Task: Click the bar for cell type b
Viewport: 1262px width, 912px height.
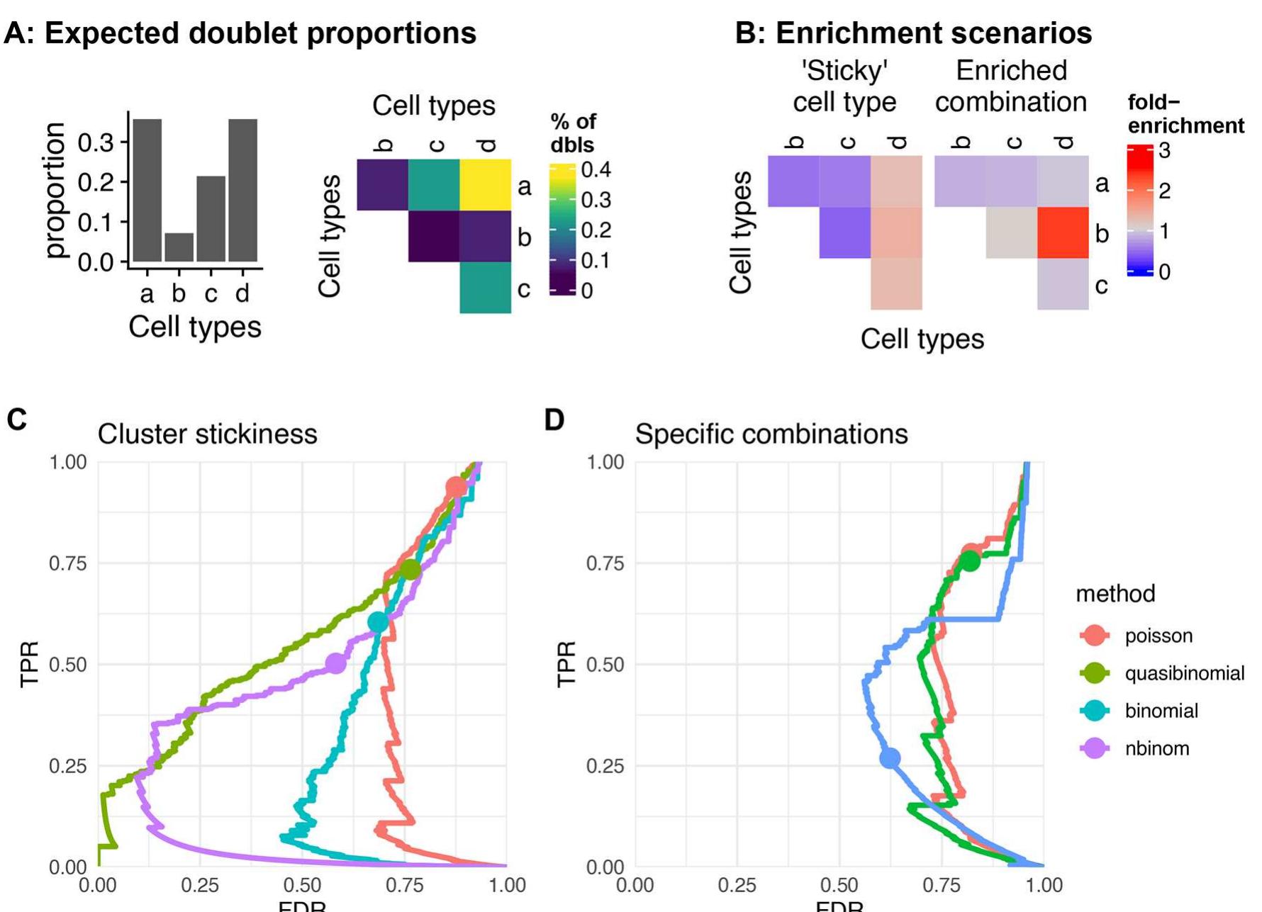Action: pos(179,247)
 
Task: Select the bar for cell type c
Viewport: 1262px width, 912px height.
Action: pos(211,219)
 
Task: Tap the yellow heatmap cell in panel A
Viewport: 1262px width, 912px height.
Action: pos(486,185)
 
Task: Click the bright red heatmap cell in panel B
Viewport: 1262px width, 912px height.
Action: pos(1063,233)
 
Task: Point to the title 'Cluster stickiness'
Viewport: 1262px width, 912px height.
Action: pos(207,434)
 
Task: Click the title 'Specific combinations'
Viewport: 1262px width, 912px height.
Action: pos(771,434)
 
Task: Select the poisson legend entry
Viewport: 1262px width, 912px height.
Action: pos(1158,636)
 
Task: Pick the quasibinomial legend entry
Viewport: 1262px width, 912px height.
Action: pos(1184,673)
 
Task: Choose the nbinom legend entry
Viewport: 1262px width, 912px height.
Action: pos(1156,748)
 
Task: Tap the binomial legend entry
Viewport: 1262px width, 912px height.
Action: pos(1161,711)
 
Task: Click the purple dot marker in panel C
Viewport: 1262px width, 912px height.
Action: pos(336,664)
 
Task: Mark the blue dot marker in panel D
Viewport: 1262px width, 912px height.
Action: pos(890,758)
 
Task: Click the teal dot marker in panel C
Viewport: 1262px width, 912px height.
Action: pos(379,622)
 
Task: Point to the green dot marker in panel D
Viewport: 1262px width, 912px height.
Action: pos(969,561)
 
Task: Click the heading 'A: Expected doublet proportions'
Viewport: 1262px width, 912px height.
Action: pos(240,33)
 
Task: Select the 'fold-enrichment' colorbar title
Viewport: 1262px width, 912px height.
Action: pos(1185,114)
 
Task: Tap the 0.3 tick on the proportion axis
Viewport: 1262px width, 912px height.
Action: pos(95,143)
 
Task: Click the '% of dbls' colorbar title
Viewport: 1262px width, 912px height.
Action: pos(573,133)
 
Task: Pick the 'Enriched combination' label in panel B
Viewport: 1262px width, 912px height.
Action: pos(1011,86)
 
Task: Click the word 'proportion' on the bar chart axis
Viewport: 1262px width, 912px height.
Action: pos(55,190)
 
